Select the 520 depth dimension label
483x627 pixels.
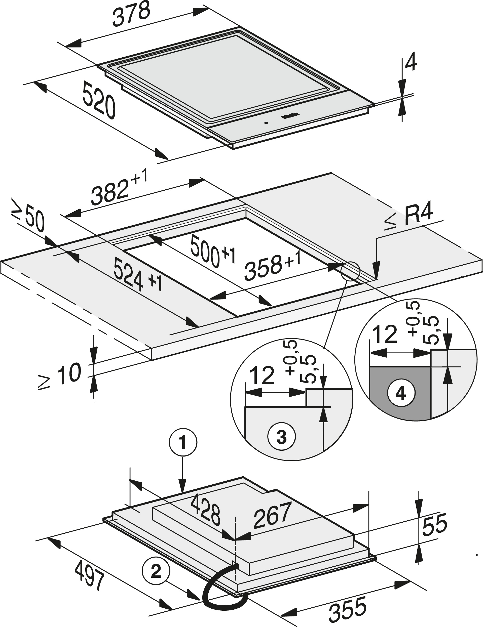click(99, 101)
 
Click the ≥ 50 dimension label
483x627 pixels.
click(29, 217)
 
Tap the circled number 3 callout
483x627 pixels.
click(281, 437)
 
